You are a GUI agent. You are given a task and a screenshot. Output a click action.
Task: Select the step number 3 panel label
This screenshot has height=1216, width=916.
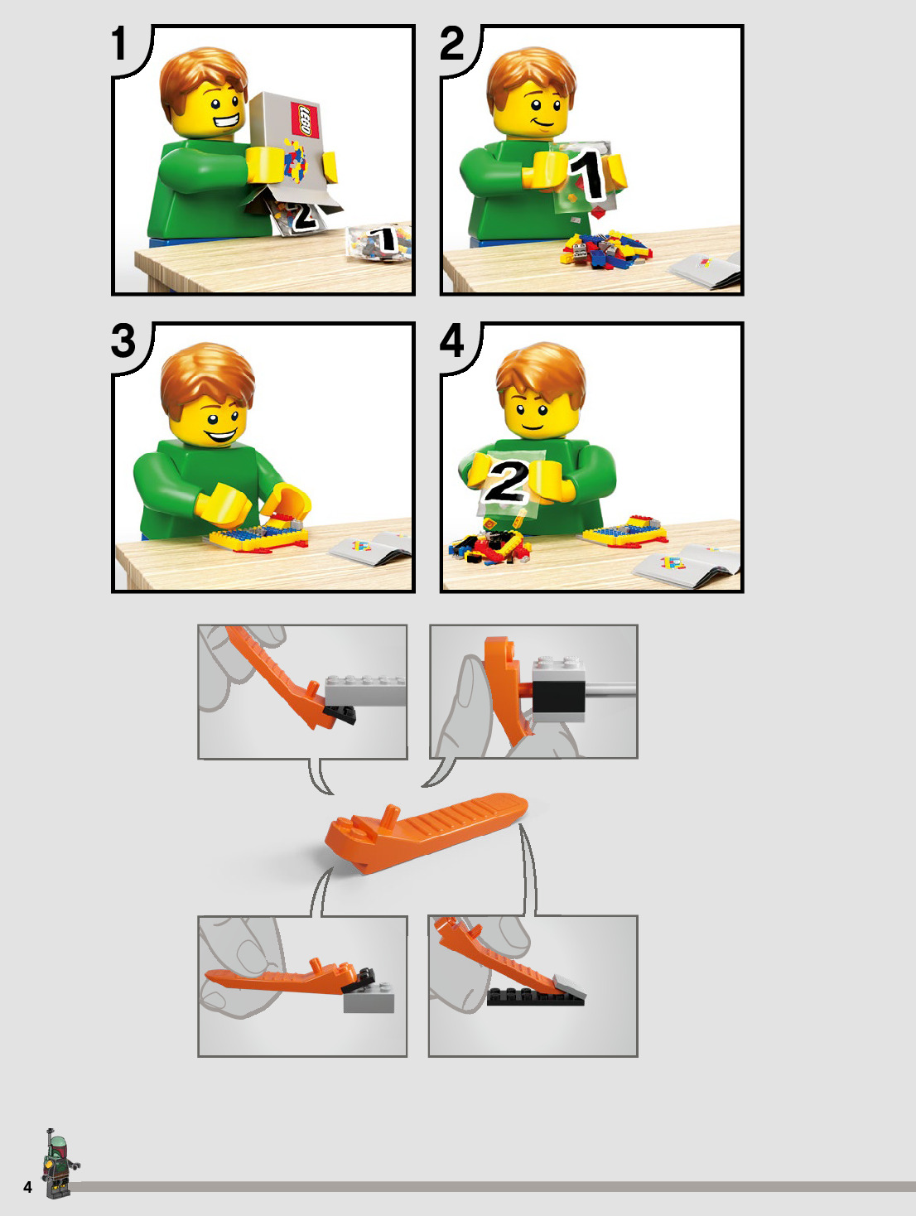123,340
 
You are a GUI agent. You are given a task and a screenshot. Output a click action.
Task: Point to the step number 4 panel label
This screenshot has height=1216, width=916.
452,340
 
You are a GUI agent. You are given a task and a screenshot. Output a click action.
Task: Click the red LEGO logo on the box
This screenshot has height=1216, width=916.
305,119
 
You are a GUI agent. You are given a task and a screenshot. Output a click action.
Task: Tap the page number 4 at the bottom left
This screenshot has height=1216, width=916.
27,1187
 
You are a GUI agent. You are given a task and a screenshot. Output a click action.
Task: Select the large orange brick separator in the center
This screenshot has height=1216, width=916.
426,832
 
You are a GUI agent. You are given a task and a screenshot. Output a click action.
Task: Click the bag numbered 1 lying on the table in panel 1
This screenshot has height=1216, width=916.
378,243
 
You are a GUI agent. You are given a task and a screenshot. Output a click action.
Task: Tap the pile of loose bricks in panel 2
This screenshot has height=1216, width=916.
606,250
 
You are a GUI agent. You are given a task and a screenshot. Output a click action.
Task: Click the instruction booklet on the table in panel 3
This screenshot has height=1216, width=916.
370,548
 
